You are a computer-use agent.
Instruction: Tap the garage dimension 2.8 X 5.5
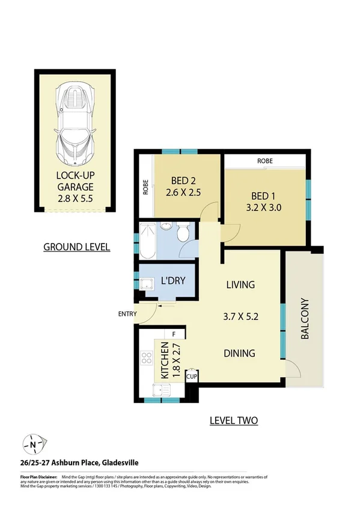click(x=75, y=198)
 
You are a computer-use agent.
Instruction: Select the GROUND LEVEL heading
click(x=77, y=247)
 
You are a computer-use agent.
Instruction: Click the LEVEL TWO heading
click(x=234, y=420)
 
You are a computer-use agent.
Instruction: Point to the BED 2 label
click(x=184, y=181)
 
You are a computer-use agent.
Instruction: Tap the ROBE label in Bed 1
click(x=265, y=161)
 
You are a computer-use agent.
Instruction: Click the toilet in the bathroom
click(x=183, y=232)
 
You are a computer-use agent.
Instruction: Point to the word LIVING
click(x=240, y=284)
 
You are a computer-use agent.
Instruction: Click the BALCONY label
click(x=305, y=319)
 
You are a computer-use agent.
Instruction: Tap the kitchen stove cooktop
click(x=147, y=358)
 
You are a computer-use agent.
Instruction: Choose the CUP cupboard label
click(x=192, y=376)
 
